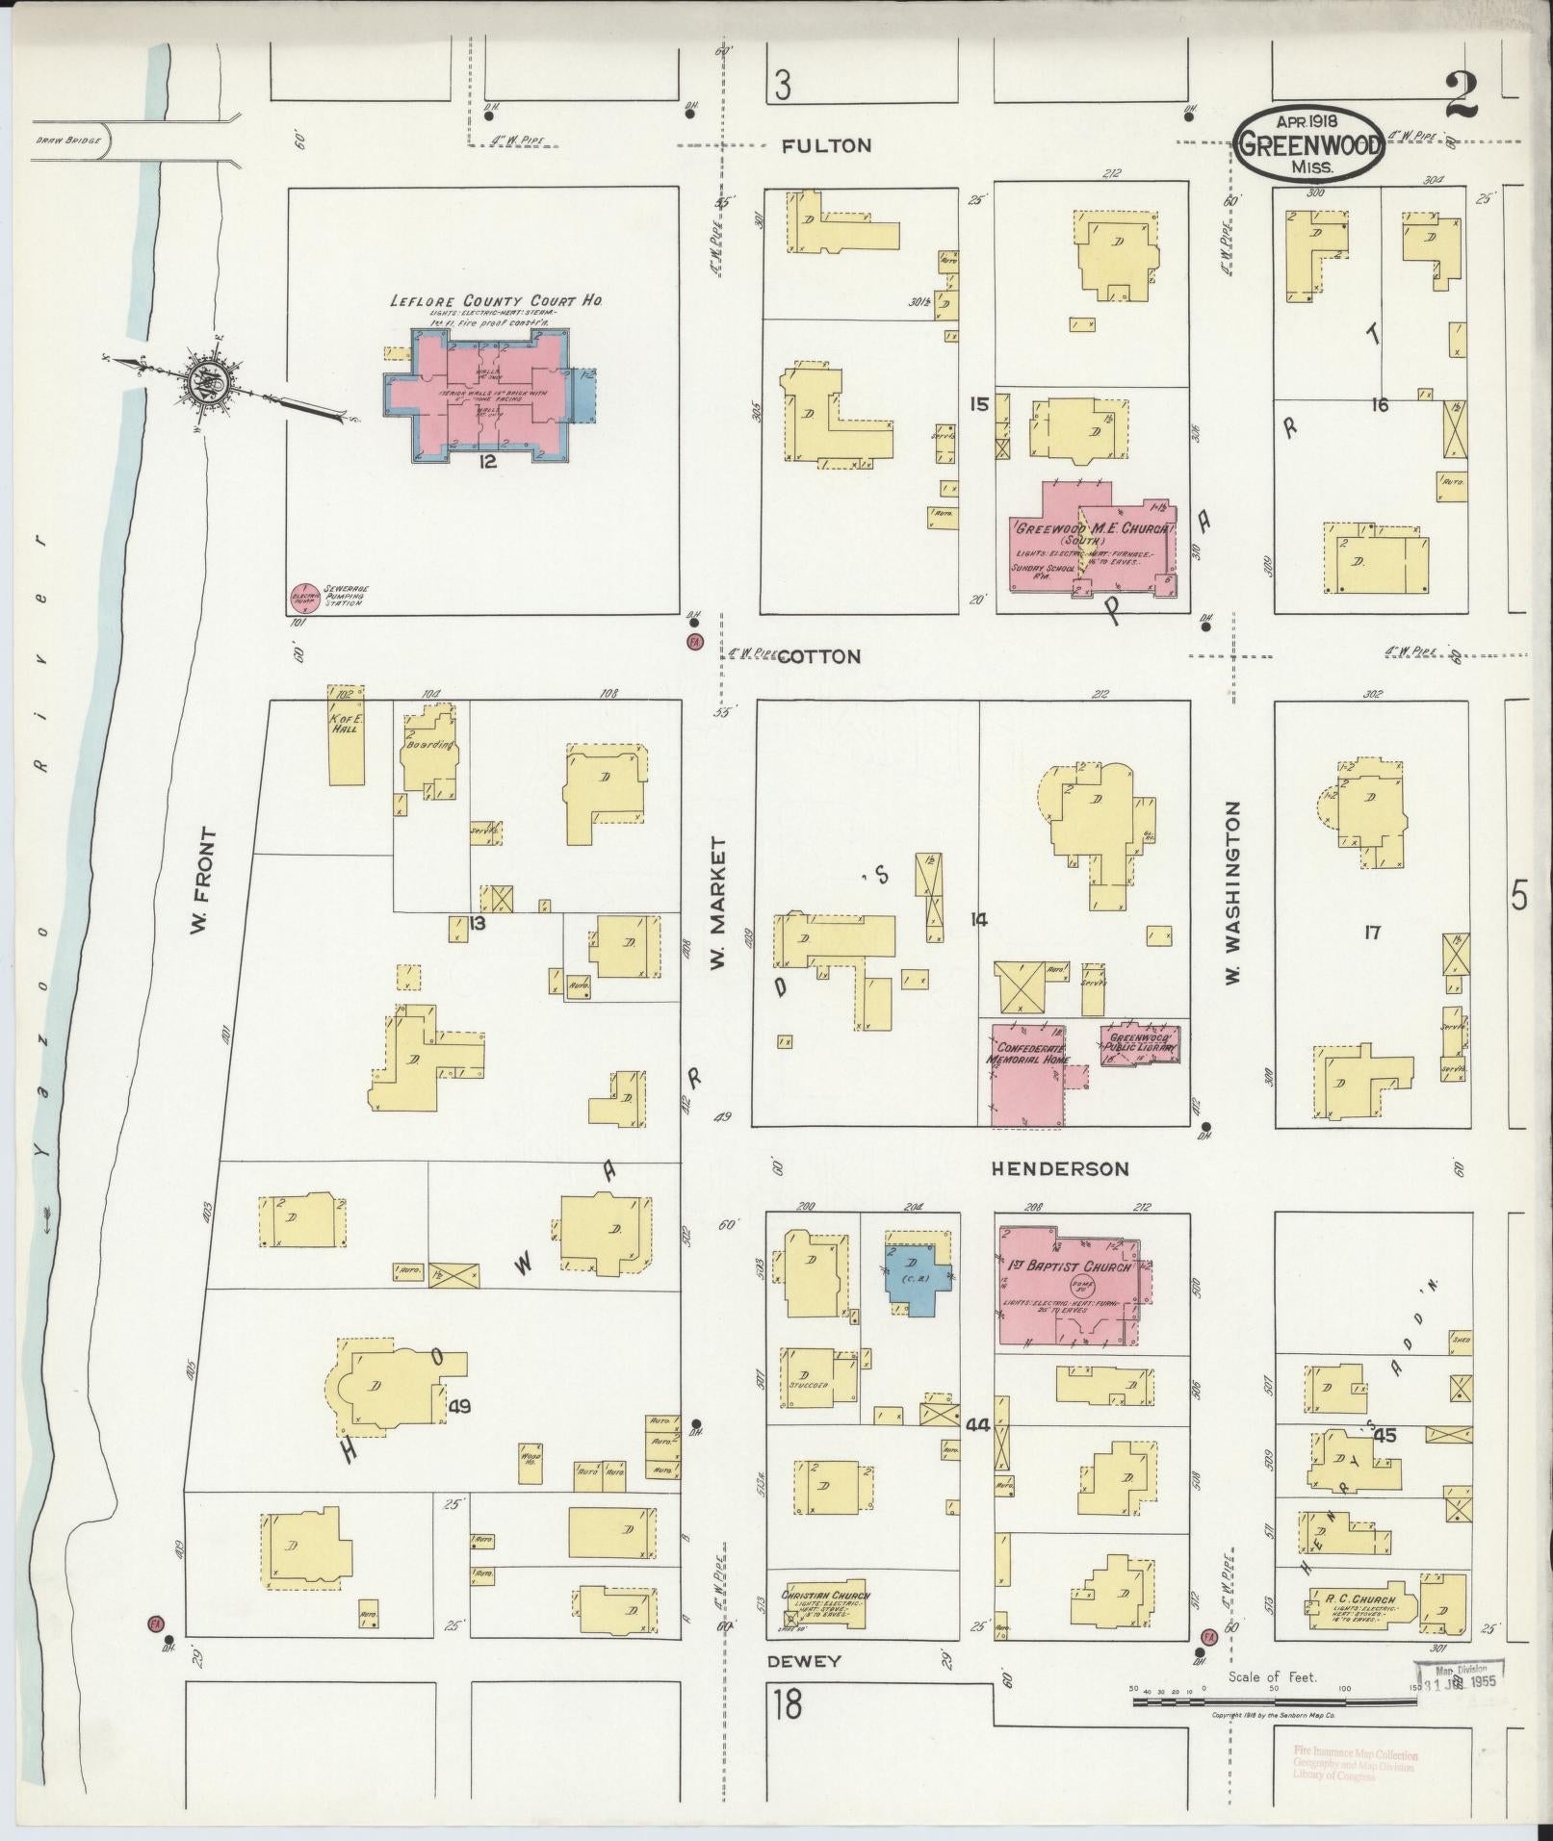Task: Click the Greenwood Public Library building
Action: click(1140, 1045)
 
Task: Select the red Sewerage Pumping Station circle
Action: click(304, 598)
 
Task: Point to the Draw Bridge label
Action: click(62, 140)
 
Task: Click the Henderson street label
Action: click(1060, 1169)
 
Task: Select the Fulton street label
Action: click(826, 146)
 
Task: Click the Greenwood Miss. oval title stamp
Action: click(1308, 144)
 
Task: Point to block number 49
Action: click(459, 1407)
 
